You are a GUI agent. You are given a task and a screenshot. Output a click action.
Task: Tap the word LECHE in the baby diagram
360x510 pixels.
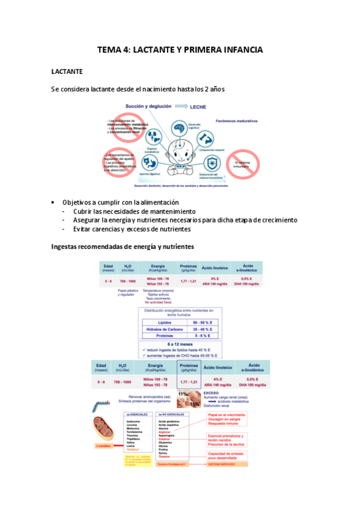click(199, 107)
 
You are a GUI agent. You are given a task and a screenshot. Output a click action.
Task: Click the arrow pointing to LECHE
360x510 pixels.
click(178, 107)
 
